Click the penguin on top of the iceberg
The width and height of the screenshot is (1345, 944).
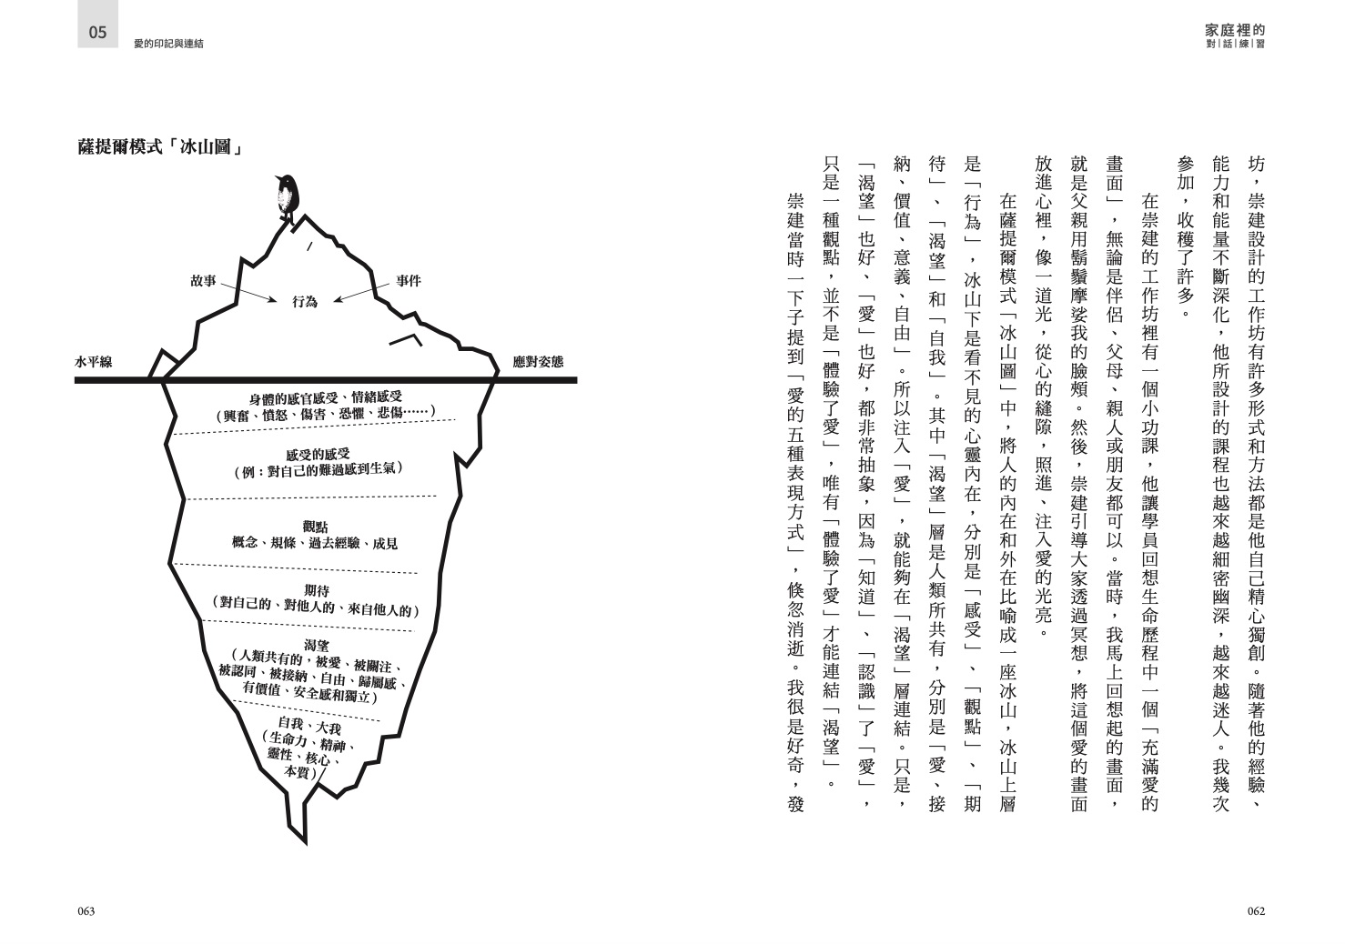pos(287,196)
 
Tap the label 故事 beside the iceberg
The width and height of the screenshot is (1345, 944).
pos(203,281)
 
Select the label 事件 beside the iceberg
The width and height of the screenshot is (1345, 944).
pos(409,281)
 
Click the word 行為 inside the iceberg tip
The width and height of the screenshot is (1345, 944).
pos(305,301)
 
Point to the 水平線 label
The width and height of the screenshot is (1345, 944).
pos(94,362)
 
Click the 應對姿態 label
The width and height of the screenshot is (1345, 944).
pos(538,362)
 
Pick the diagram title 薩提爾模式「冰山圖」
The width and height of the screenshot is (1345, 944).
pos(160,147)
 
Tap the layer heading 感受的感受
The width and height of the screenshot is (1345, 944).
pos(318,454)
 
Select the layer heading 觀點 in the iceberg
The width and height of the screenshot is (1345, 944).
pos(315,527)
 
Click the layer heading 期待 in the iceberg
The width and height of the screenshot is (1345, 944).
pos(317,590)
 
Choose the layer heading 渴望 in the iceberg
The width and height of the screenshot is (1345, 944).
pos(317,645)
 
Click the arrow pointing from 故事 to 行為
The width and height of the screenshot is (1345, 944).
pos(248,293)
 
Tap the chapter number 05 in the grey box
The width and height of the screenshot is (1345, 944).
pos(97,33)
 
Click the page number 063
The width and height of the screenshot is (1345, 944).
pos(86,911)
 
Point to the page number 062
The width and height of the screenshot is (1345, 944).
pos(1256,911)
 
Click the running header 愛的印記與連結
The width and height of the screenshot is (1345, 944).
pos(168,44)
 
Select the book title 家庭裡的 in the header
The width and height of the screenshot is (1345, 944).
pos(1236,30)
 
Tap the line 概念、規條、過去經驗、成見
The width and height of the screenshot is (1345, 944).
pos(315,543)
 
